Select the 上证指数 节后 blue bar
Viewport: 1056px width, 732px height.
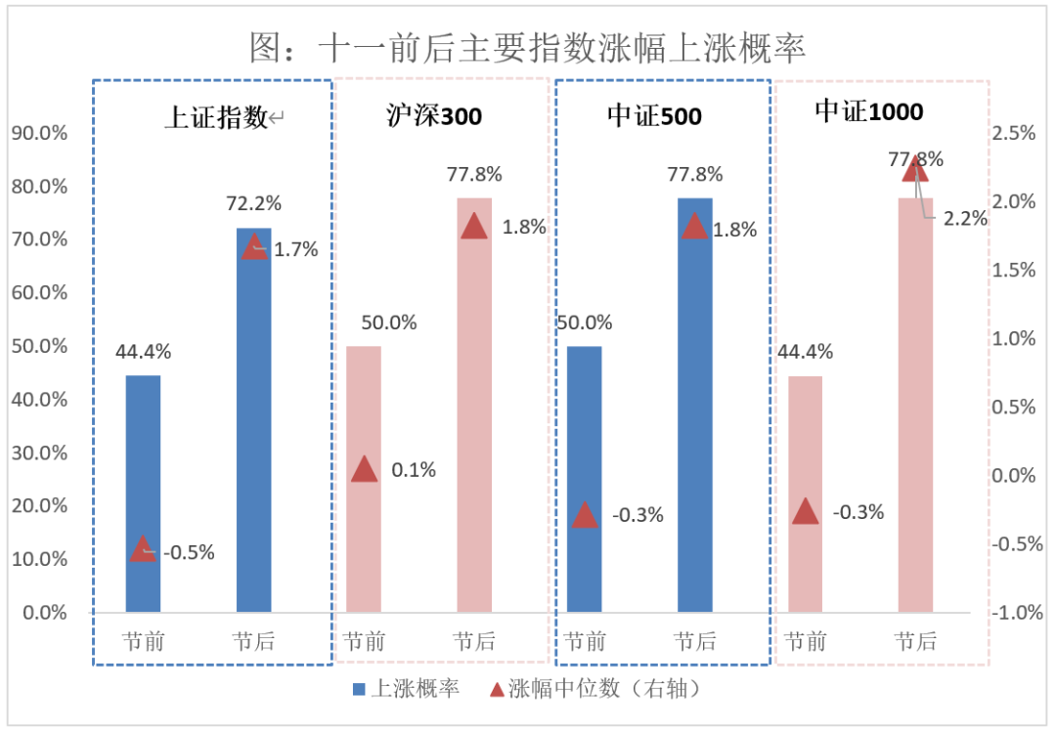[x=253, y=420]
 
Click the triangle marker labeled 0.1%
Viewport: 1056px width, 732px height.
[x=364, y=469]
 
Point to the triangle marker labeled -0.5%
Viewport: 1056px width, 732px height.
[x=143, y=549]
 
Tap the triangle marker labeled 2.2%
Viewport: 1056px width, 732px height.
[x=915, y=168]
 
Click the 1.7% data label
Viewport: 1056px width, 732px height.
[x=295, y=249]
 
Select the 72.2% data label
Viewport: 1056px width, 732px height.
[x=253, y=203]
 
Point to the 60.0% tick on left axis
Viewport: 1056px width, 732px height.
[x=39, y=292]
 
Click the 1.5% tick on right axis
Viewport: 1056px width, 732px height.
[x=1015, y=270]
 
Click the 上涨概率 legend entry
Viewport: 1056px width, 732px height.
[x=404, y=689]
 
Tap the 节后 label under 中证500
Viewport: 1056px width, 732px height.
[x=694, y=642]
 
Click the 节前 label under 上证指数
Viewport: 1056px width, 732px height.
[x=143, y=642]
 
